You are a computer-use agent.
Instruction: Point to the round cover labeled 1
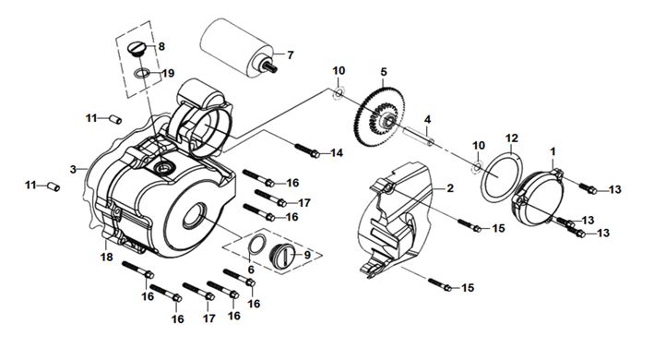(x=537, y=198)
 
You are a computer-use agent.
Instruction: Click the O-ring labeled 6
(x=257, y=244)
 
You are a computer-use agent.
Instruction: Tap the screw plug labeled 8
(x=137, y=48)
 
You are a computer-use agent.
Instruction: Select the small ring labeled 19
(x=142, y=74)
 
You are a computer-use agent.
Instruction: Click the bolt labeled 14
(x=307, y=150)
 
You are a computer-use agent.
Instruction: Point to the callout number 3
(x=74, y=169)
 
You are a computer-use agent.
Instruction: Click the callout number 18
(x=107, y=257)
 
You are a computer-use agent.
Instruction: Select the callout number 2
(x=449, y=188)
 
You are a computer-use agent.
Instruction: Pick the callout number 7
(x=291, y=55)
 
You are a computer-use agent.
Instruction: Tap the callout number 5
(x=384, y=72)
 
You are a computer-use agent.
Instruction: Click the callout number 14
(x=336, y=153)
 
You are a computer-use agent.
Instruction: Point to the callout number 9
(x=307, y=255)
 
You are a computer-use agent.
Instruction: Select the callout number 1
(x=553, y=151)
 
